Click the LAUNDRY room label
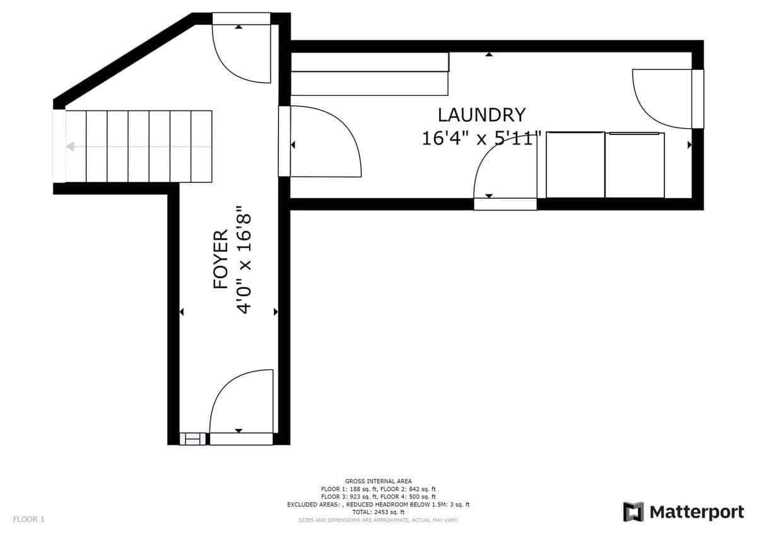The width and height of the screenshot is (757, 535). coord(481,115)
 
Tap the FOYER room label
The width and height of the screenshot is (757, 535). coord(221,259)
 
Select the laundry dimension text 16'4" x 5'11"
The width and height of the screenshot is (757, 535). coord(481,139)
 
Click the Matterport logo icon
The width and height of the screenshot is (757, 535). coord(633,512)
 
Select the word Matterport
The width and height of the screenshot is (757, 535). coord(697,512)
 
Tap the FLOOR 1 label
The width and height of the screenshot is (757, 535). coord(29,519)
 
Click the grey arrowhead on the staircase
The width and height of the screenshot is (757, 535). coord(70,146)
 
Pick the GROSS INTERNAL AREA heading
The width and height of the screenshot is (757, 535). coord(378,481)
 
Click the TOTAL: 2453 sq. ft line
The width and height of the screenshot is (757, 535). coord(378,512)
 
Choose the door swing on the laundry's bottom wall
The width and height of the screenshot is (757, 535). coord(486,159)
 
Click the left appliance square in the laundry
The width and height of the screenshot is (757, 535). coord(575,165)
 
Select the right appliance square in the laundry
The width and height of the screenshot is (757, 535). coord(635,165)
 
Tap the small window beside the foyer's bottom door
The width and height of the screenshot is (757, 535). coord(192,439)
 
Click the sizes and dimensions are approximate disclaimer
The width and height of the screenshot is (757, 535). coord(378,520)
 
